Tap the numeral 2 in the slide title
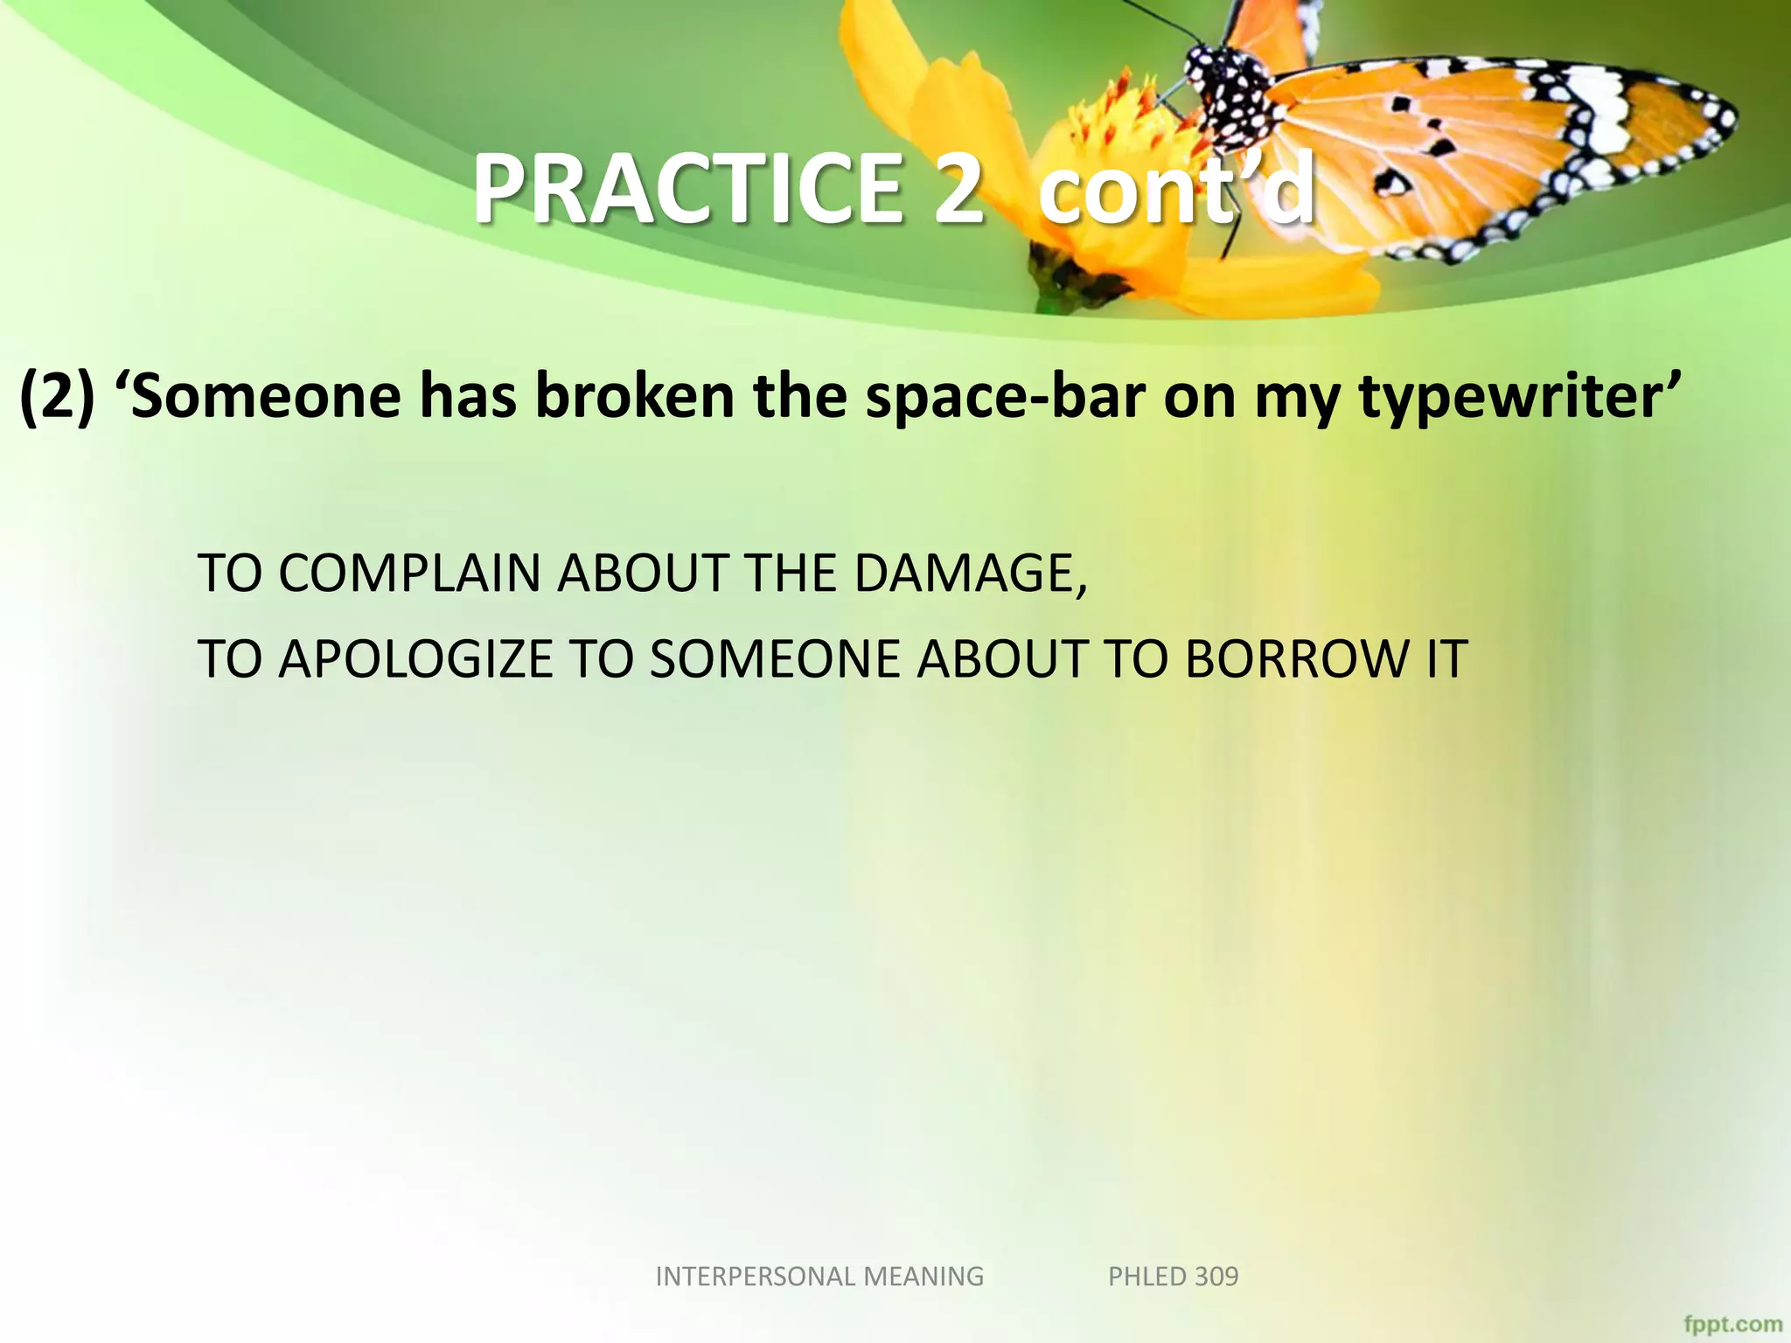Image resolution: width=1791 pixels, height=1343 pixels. point(958,190)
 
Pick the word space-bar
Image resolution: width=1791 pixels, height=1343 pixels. point(1005,398)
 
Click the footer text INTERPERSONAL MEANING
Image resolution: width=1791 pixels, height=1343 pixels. point(819,1277)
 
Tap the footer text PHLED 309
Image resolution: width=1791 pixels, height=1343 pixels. point(1173,1277)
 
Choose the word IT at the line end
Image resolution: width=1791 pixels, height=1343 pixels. point(1446,659)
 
